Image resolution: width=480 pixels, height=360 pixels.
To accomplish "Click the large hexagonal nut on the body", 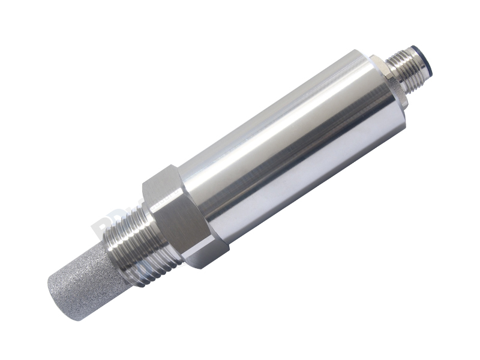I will [x=180, y=216].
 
